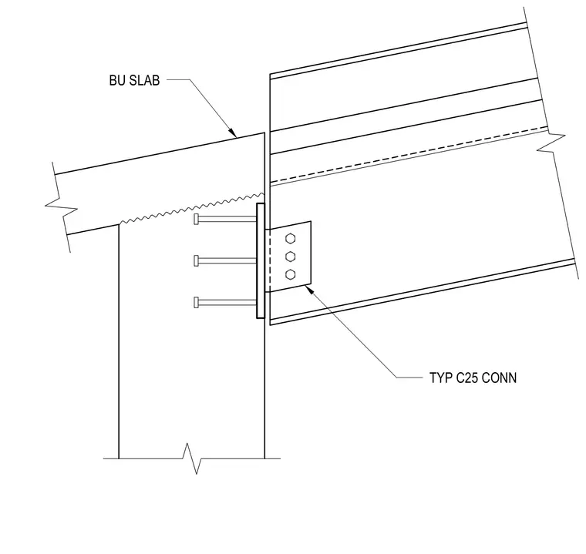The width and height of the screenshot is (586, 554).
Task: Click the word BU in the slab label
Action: point(117,80)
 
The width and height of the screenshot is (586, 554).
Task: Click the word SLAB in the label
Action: point(144,80)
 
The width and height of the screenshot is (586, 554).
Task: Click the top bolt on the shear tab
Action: point(291,238)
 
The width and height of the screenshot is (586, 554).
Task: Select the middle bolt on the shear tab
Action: point(291,257)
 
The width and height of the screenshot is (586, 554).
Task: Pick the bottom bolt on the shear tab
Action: point(291,274)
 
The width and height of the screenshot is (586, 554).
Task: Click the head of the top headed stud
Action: point(196,220)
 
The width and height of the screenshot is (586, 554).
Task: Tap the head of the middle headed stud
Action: point(196,260)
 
